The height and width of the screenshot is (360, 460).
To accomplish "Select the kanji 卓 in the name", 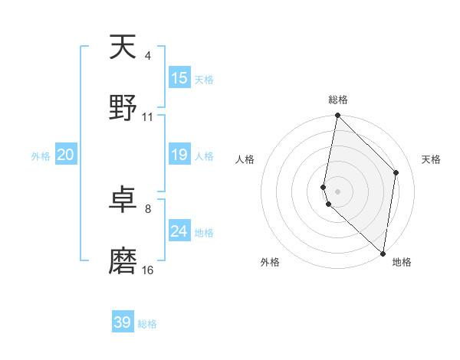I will click(123, 201).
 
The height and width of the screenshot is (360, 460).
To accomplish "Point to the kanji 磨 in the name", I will click(123, 260).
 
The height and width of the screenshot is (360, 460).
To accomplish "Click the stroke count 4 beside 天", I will click(148, 57).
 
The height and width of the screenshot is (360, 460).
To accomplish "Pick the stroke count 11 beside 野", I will click(148, 117).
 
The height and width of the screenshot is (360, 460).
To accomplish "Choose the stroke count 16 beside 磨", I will click(148, 270).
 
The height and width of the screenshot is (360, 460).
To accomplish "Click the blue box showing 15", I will click(179, 78).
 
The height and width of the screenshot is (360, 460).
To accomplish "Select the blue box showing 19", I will click(179, 155).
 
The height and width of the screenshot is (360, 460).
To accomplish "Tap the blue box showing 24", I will click(179, 231).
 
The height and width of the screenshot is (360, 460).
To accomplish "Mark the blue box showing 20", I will click(66, 155).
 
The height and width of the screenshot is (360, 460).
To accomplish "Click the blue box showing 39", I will click(123, 322).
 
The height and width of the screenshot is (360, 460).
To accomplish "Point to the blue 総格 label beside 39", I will click(148, 324).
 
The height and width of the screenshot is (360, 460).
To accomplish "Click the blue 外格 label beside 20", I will click(41, 156).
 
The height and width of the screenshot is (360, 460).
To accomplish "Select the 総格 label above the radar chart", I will click(338, 100).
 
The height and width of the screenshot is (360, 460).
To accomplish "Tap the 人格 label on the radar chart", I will click(245, 159).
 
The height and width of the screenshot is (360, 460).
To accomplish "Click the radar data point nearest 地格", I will click(383, 253).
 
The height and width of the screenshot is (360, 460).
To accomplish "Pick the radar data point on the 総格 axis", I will click(338, 116).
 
